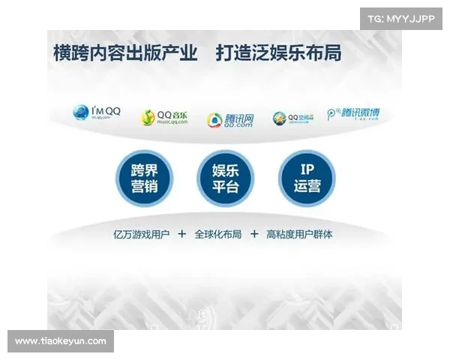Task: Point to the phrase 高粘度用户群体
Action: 300,234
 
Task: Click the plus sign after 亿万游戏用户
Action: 181,234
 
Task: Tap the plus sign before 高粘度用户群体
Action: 254,234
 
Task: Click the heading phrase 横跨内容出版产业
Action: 125,53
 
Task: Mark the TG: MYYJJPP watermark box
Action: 401,18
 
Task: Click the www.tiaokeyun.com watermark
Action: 60,341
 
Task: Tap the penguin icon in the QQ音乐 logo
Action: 148,117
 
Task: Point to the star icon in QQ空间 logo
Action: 279,118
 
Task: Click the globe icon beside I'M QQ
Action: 81,112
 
